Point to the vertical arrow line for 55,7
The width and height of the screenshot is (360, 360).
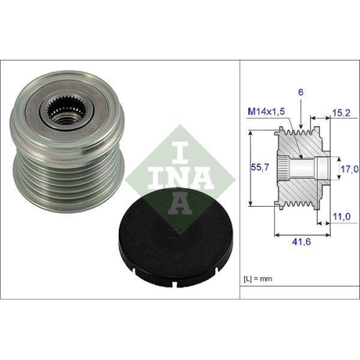click(x=250, y=169)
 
